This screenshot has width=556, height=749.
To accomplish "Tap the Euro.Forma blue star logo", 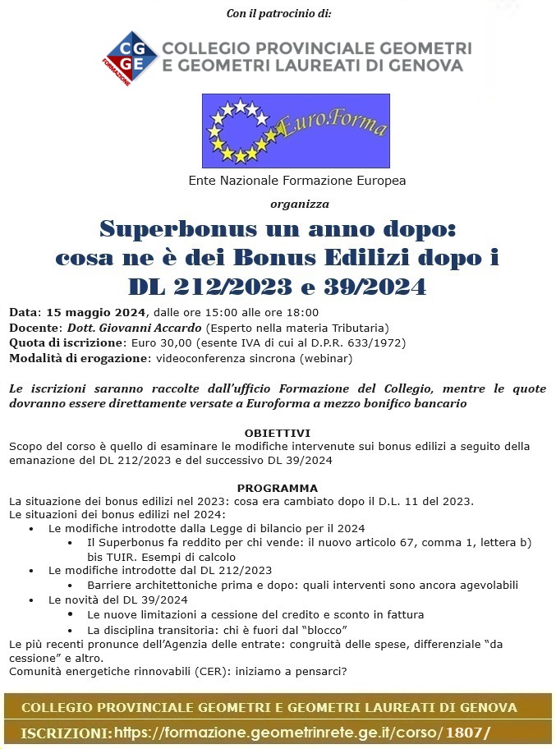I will click(x=296, y=131).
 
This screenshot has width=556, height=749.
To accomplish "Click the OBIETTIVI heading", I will click(x=277, y=432).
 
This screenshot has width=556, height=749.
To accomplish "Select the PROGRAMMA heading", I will click(x=277, y=488).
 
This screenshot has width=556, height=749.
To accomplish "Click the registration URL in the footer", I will click(x=302, y=732).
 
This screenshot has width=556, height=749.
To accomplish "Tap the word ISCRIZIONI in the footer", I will click(x=65, y=732).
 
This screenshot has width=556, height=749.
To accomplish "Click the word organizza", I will click(x=299, y=203).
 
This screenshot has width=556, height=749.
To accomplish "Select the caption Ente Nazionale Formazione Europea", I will click(x=297, y=181).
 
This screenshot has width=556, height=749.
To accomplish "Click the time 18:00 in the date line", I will click(x=302, y=313).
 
